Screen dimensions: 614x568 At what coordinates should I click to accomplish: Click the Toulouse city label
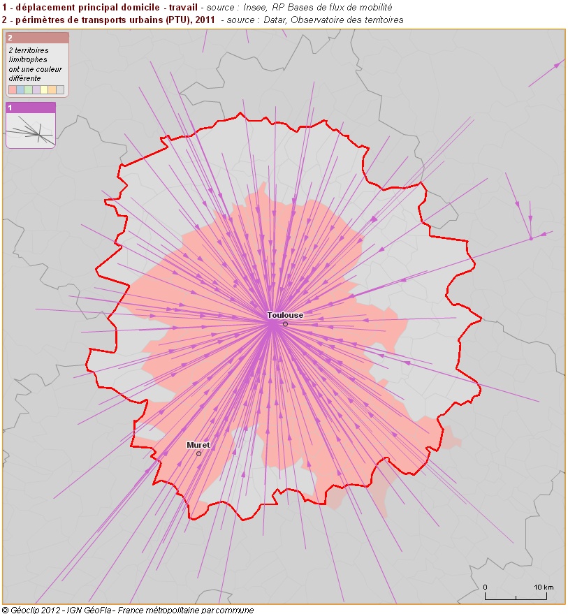tap(285, 315)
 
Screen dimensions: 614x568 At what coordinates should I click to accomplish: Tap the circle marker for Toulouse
tap(285, 324)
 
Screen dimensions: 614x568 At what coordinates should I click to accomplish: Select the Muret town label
tap(198, 445)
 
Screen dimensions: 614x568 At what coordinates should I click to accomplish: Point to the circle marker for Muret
tap(198, 454)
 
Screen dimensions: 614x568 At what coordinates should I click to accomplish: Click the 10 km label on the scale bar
tap(544, 586)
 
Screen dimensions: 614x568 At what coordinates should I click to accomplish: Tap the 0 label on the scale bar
tap(485, 586)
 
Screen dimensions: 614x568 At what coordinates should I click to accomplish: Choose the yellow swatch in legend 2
tap(44, 89)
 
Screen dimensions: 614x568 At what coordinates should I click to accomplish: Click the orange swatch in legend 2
tap(52, 89)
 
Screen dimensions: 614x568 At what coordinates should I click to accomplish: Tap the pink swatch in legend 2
tap(12, 89)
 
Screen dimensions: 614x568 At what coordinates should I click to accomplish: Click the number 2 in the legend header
tap(10, 38)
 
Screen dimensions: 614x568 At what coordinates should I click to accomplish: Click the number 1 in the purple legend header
tap(10, 108)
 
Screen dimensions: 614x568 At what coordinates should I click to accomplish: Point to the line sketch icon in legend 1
tap(30, 130)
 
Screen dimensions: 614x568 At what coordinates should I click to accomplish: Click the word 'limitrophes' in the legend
tap(29, 60)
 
